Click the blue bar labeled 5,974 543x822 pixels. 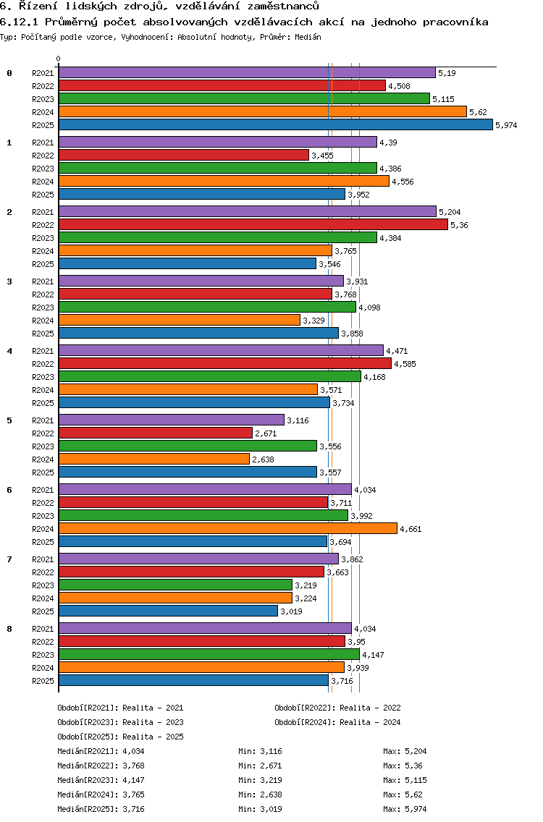275,124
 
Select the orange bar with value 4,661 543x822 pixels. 227,528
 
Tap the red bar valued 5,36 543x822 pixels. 253,224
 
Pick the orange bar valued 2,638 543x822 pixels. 153,459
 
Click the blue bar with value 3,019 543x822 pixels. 168,611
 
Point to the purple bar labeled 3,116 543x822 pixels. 171,420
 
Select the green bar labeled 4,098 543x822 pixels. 207,307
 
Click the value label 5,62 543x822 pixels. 478,112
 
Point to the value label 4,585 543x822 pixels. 405,364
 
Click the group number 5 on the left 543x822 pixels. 9,420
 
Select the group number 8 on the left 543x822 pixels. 9,629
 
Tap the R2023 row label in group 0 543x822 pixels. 43,99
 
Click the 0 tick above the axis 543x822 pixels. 59,59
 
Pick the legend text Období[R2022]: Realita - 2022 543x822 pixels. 337,708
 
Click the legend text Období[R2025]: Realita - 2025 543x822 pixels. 120,737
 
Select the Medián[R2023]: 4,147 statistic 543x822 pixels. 100,780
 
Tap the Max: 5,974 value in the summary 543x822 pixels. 410,809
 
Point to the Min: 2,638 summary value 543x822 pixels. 262,795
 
